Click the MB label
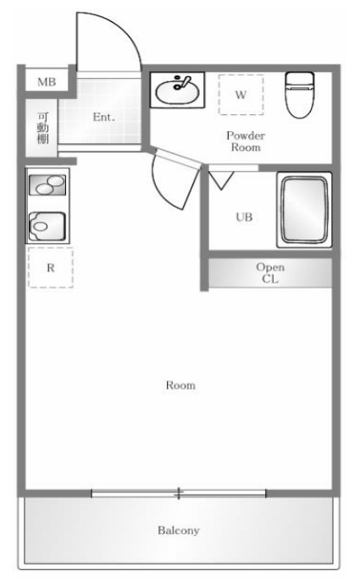pyautogui.click(x=47, y=81)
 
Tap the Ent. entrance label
pyautogui.click(x=104, y=118)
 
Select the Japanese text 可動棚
pyautogui.click(x=43, y=128)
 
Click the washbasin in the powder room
pyautogui.click(x=177, y=90)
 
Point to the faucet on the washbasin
pyautogui.click(x=182, y=83)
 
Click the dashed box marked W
pyautogui.click(x=241, y=95)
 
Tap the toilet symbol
pyautogui.click(x=299, y=95)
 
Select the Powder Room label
pyautogui.click(x=246, y=141)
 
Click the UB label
pyautogui.click(x=244, y=217)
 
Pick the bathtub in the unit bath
pyautogui.click(x=305, y=210)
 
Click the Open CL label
pyautogui.click(x=270, y=273)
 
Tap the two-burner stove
pyautogui.click(x=47, y=185)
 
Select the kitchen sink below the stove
pyautogui.click(x=47, y=226)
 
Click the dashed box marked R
pyautogui.click(x=51, y=267)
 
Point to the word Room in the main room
pyautogui.click(x=180, y=385)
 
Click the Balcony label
pyautogui.click(x=179, y=531)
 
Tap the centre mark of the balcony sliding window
pyautogui.click(x=179, y=494)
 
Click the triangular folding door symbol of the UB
pyautogui.click(x=221, y=179)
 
